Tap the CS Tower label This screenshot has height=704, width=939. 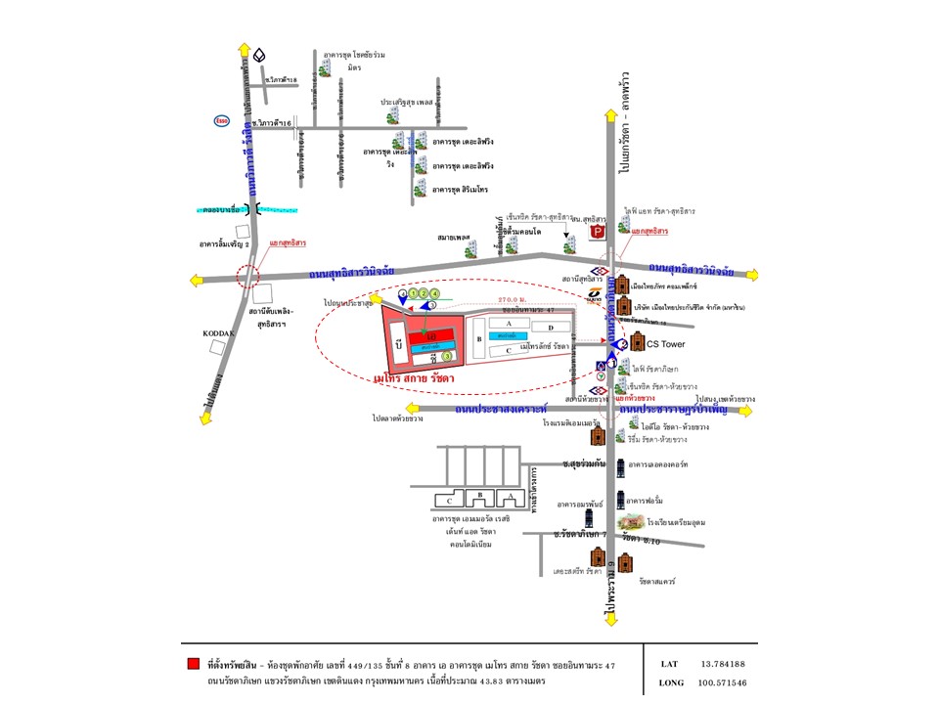pyautogui.click(x=668, y=343)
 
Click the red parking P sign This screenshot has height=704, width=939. pyautogui.click(x=604, y=232)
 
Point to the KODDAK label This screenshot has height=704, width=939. pyautogui.click(x=219, y=333)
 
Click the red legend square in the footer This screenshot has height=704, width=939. pyautogui.click(x=193, y=664)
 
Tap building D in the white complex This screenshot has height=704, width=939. pyautogui.click(x=551, y=327)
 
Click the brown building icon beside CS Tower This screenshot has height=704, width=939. pyautogui.click(x=639, y=342)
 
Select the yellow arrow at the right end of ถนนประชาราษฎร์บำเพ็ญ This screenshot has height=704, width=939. pyautogui.click(x=745, y=411)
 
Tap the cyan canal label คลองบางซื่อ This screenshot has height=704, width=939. pyautogui.click(x=222, y=210)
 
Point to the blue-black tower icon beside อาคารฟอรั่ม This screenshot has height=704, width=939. pyautogui.click(x=621, y=502)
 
